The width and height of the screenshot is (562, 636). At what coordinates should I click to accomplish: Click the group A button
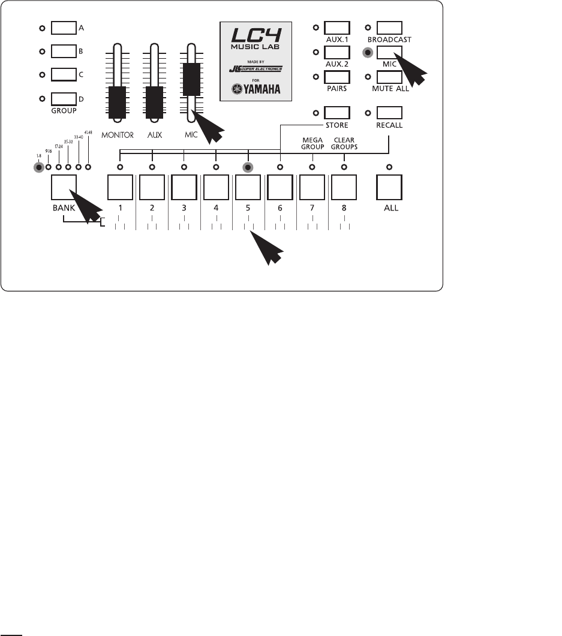click(x=64, y=28)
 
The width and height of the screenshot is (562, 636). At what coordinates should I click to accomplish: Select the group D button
click(x=64, y=98)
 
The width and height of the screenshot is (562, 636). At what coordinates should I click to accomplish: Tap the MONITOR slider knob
click(x=118, y=101)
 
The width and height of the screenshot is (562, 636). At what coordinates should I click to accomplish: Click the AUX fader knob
click(x=154, y=101)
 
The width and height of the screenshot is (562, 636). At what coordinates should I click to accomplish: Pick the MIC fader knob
click(x=191, y=79)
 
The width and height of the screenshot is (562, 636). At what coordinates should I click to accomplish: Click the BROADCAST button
click(x=390, y=28)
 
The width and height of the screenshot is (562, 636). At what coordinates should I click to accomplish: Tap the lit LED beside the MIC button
click(x=368, y=52)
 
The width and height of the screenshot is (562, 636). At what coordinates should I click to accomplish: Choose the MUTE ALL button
click(x=390, y=77)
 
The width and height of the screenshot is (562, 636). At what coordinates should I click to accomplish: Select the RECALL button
click(x=390, y=112)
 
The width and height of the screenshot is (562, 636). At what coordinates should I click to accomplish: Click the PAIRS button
click(x=336, y=77)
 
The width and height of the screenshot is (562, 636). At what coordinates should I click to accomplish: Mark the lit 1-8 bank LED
click(x=39, y=167)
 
